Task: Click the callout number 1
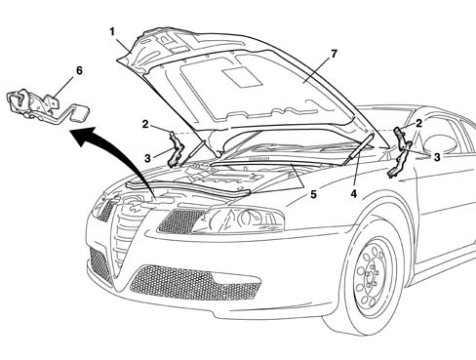[x=112, y=32]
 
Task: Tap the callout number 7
[x=334, y=54]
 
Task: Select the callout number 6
[x=79, y=70]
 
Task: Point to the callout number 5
[x=313, y=194]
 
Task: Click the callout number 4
[x=354, y=194]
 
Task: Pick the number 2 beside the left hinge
[x=145, y=124]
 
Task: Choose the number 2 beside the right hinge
[x=418, y=123]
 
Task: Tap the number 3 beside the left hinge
[x=147, y=158]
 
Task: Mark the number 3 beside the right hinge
[x=437, y=157]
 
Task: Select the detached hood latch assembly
[x=46, y=104]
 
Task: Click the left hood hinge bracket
[x=177, y=148]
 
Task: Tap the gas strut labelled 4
[x=359, y=149]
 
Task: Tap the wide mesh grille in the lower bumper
[x=195, y=282]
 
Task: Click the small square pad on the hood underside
[x=243, y=77]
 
